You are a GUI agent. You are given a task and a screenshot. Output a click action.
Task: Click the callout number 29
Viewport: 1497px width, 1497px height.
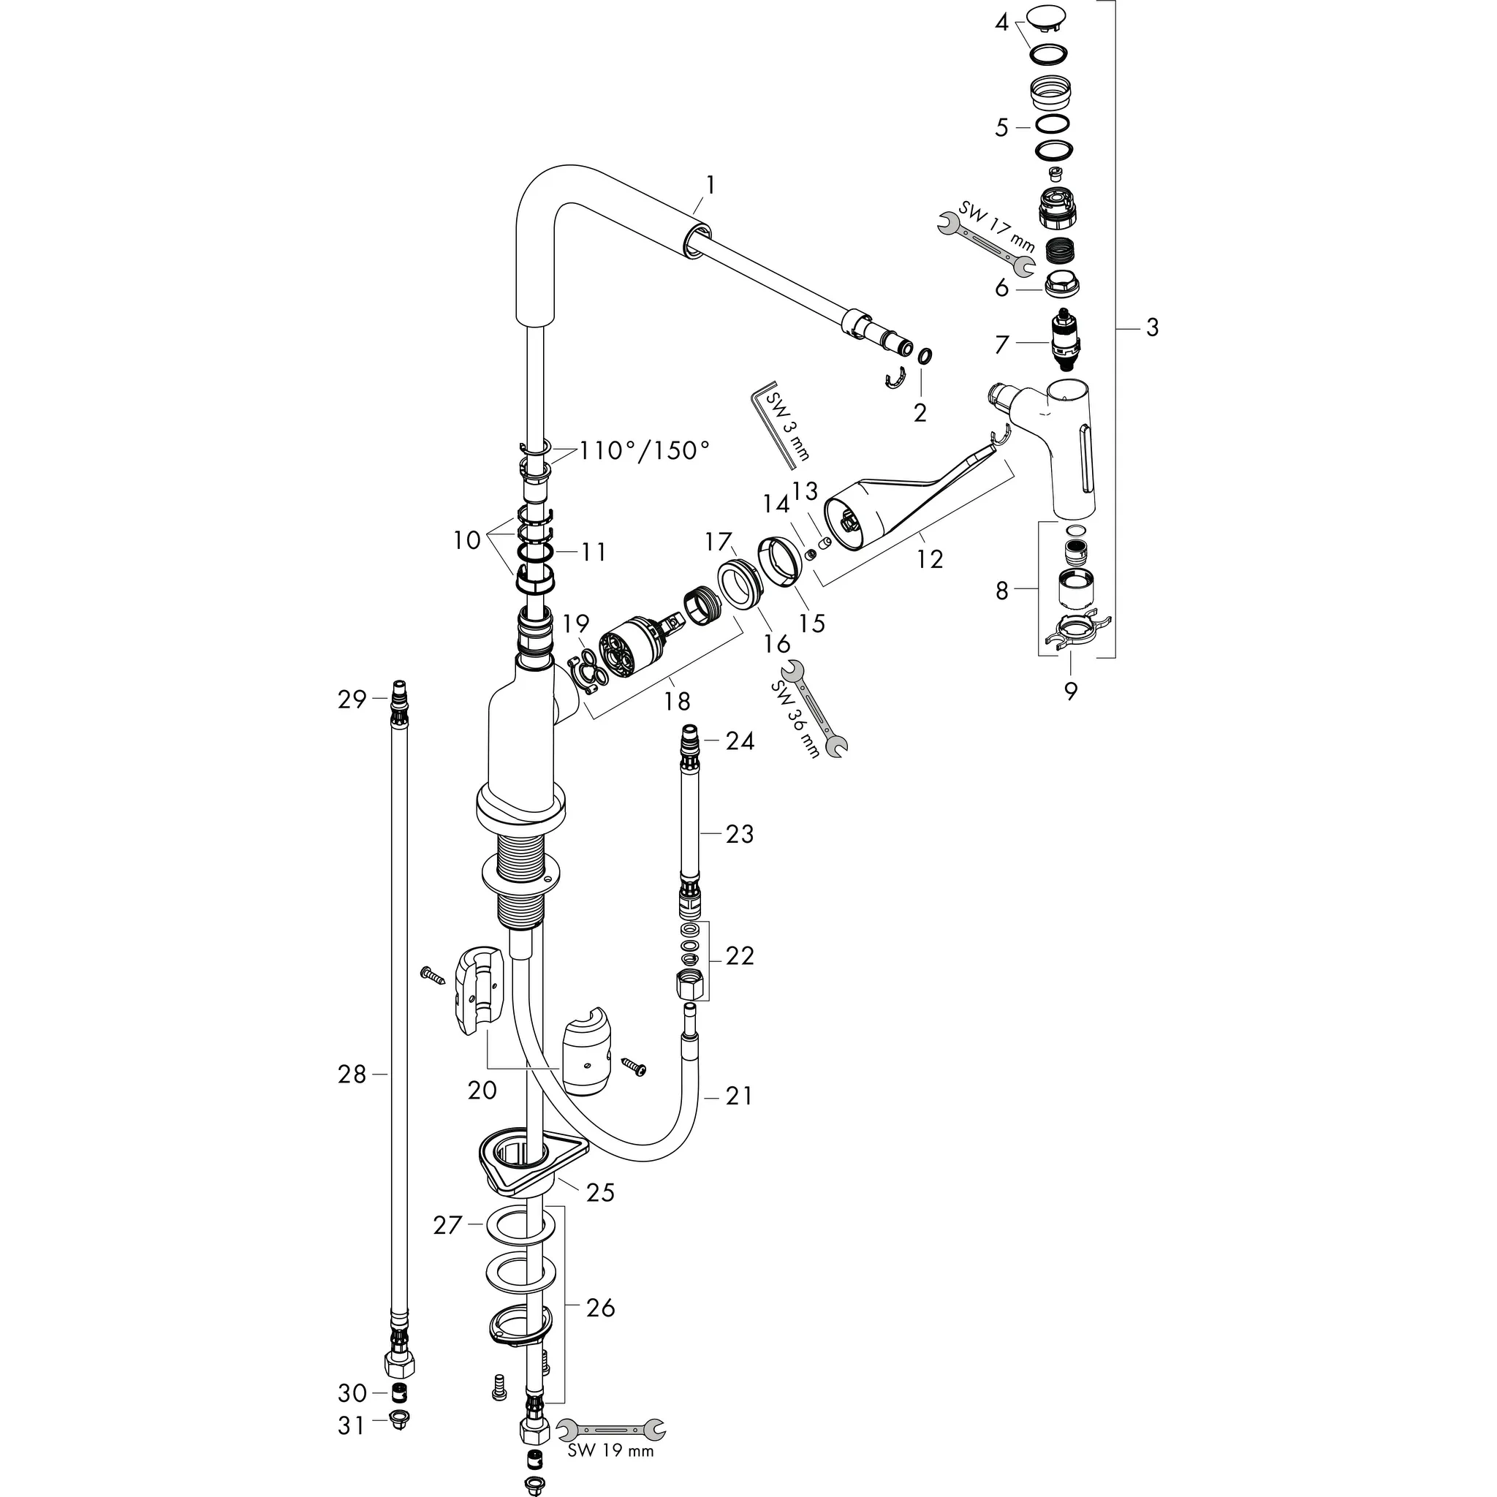(351, 699)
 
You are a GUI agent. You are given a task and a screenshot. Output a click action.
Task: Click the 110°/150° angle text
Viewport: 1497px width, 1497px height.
(643, 450)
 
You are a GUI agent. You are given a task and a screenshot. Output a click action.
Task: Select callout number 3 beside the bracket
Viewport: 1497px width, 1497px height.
(1151, 327)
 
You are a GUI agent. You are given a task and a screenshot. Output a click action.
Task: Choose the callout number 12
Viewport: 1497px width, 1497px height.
(929, 558)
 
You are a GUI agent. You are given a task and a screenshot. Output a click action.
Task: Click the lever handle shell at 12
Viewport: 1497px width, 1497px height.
(868, 518)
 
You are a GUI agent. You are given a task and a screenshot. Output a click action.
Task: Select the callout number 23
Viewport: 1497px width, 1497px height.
(739, 834)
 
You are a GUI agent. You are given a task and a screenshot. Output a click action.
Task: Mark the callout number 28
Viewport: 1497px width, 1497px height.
(351, 1074)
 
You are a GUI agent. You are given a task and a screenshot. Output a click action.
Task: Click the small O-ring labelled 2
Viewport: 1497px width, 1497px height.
(925, 357)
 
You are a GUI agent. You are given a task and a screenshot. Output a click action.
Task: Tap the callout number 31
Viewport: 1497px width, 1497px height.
(351, 1425)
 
